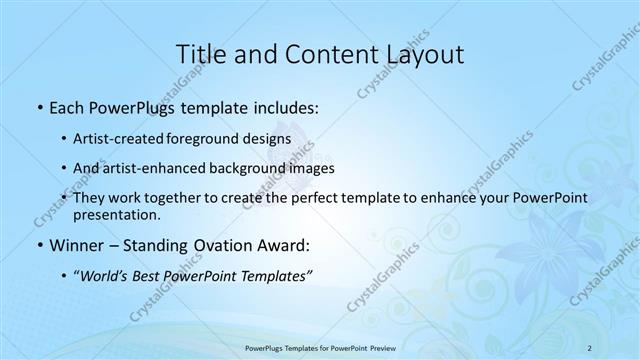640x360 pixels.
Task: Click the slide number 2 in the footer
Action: pos(590,347)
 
